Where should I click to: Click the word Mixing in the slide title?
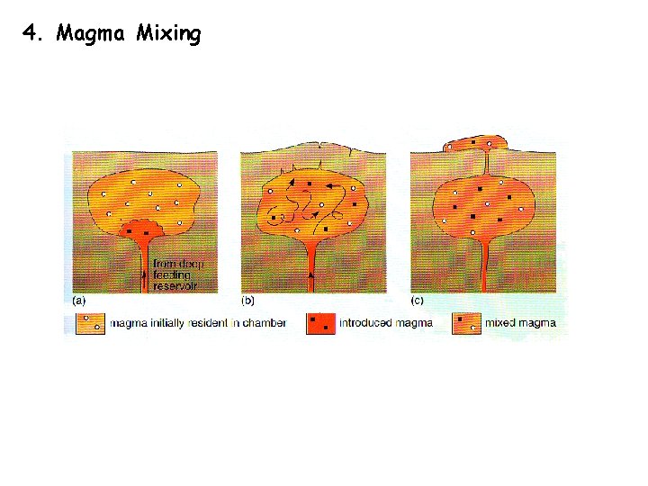[x=169, y=34]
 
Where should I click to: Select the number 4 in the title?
[x=31, y=34]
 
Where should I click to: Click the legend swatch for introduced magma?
[x=319, y=322]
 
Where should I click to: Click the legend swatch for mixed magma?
[x=466, y=322]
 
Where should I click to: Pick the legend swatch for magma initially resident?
[x=88, y=322]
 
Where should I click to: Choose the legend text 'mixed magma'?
[x=520, y=322]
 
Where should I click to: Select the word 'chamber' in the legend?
[x=265, y=322]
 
